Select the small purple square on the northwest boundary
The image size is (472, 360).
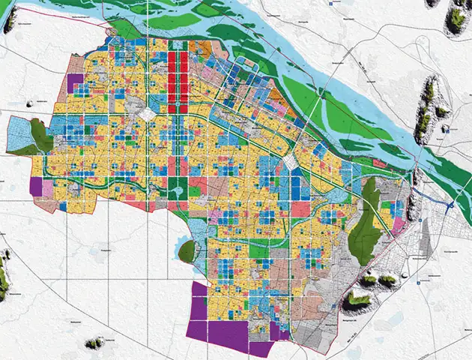point(76,83)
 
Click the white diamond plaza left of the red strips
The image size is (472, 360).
point(148,115)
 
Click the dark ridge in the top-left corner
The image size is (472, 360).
point(10,22)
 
